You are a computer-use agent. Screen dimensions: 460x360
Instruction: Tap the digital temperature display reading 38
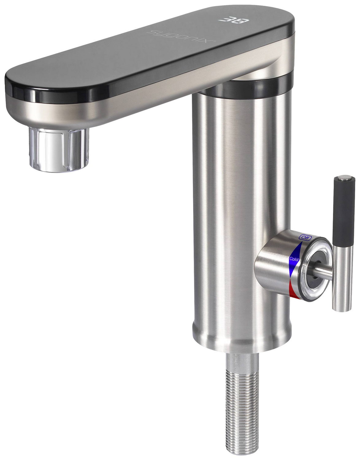[234, 21]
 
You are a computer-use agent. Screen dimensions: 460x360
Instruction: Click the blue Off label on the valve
[305, 238]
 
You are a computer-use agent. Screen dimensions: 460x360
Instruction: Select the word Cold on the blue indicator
[294, 259]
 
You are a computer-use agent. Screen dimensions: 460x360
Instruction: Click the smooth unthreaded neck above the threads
[242, 362]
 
